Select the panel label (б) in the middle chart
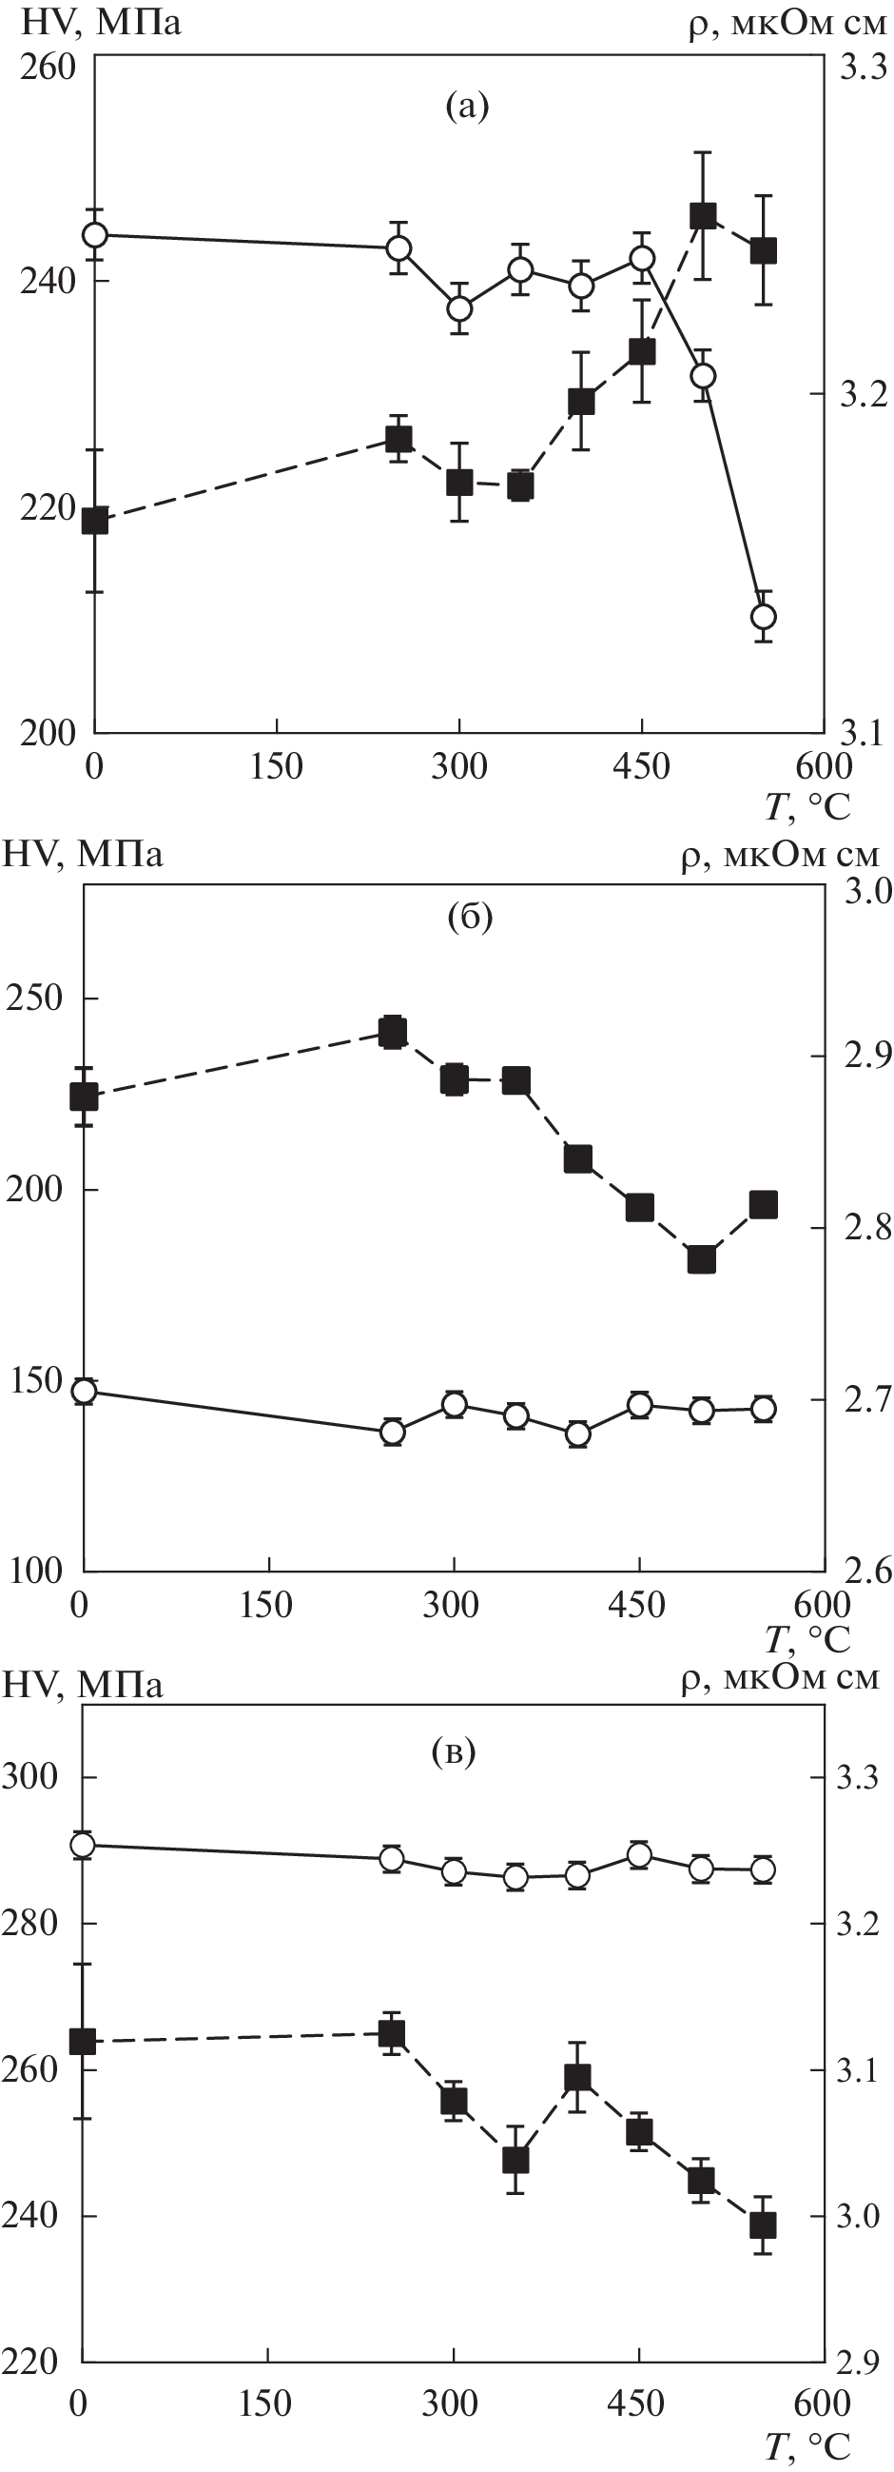[x=469, y=918]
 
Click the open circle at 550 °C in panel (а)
[x=764, y=616]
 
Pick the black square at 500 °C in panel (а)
[x=703, y=216]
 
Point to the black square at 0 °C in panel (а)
[x=94, y=521]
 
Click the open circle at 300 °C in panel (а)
[x=459, y=309]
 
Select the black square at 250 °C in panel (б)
[x=392, y=1032]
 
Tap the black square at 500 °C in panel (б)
[x=702, y=1259]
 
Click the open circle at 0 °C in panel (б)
[x=85, y=1392]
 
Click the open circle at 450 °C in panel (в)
[x=639, y=1854]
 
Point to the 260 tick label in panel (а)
[x=47, y=69]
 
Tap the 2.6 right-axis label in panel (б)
[x=865, y=1572]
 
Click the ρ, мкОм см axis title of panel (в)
[x=780, y=1681]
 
